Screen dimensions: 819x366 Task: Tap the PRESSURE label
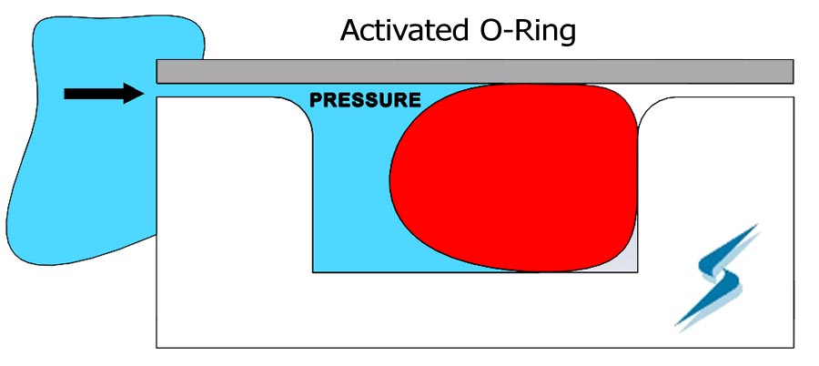coord(365,99)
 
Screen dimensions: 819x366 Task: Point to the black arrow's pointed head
coord(143,94)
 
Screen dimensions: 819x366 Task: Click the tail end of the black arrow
coord(65,94)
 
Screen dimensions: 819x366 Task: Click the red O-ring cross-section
coord(514,178)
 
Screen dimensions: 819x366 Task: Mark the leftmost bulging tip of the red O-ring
coord(389,178)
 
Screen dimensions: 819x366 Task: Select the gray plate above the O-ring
coord(475,72)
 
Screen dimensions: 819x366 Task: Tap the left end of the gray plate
coord(157,72)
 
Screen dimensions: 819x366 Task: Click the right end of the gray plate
coord(794,72)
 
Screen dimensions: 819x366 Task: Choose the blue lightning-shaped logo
coord(717,277)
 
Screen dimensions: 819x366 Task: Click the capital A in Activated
coord(351,31)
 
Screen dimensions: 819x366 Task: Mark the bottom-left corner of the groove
coord(313,272)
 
